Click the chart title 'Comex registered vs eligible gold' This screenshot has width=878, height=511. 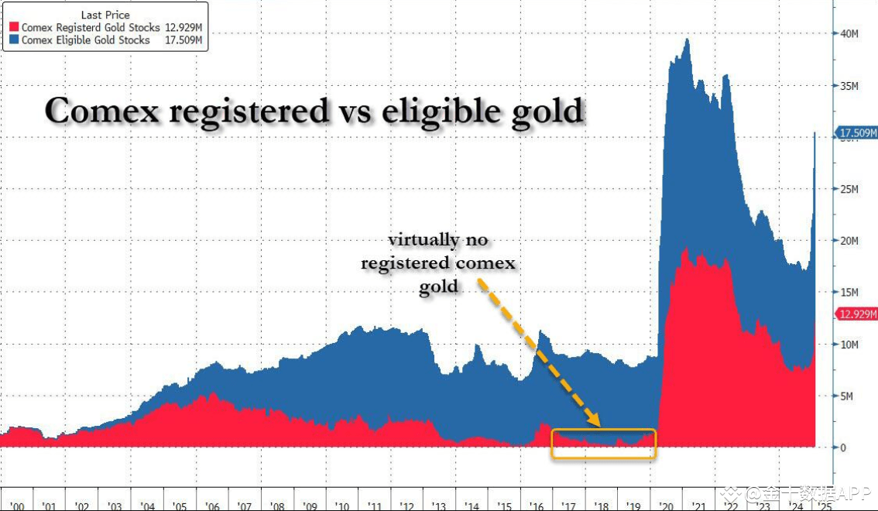[314, 111]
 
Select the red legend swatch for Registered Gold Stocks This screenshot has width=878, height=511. [13, 28]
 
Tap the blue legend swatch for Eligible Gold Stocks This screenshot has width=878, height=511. [13, 40]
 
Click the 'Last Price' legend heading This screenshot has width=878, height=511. [105, 15]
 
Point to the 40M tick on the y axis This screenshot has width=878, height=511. [850, 34]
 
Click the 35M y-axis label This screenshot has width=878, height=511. [850, 86]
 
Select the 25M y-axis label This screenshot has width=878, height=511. [850, 190]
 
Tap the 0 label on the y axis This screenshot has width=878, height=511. [843, 448]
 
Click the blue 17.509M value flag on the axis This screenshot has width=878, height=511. [856, 133]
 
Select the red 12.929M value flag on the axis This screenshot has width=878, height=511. [856, 314]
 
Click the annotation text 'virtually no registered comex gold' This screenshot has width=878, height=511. [438, 263]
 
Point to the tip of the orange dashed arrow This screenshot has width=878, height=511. [598, 424]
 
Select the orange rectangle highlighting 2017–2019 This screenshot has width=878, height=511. [603, 444]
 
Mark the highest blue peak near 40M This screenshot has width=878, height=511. [687, 40]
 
